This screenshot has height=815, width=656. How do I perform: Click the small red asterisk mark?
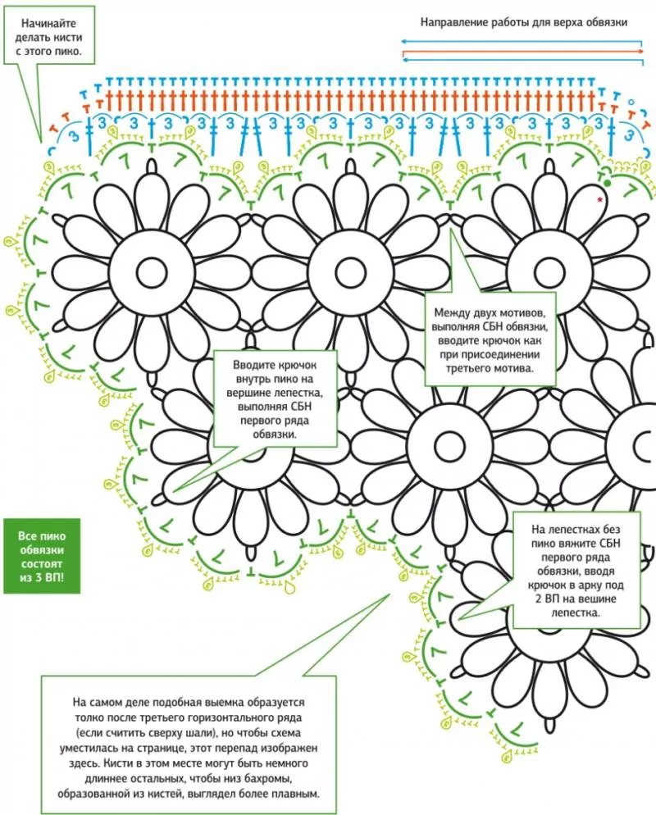[600, 199]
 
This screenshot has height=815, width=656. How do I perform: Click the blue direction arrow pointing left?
[522, 40]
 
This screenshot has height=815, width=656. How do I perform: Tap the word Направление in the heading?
[453, 22]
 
